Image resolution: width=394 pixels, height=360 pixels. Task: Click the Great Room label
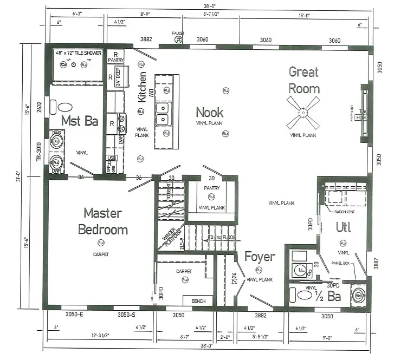coord(303,80)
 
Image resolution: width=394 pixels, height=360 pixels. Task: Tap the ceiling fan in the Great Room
coord(303,113)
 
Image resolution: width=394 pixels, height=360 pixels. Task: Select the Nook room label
coord(209,112)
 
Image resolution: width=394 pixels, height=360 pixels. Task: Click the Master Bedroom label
coord(102,221)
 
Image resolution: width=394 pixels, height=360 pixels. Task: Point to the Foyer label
coord(259,256)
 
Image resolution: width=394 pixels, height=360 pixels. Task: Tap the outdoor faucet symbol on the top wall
coord(178,40)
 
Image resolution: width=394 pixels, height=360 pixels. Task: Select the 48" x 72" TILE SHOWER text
coord(78,53)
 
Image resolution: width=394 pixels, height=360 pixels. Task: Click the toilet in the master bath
coord(63,107)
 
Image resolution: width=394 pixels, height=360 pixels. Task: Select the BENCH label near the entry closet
coord(194,300)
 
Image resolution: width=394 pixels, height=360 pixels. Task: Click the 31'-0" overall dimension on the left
coord(18,175)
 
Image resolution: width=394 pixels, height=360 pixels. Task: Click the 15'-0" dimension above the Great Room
coord(303,15)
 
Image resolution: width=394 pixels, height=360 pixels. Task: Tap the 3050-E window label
coord(74,315)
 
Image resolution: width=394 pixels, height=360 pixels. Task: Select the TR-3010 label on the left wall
coord(38,152)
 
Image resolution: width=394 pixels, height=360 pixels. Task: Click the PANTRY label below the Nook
coord(211,188)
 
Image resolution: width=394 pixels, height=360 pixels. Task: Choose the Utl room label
coord(343,227)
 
